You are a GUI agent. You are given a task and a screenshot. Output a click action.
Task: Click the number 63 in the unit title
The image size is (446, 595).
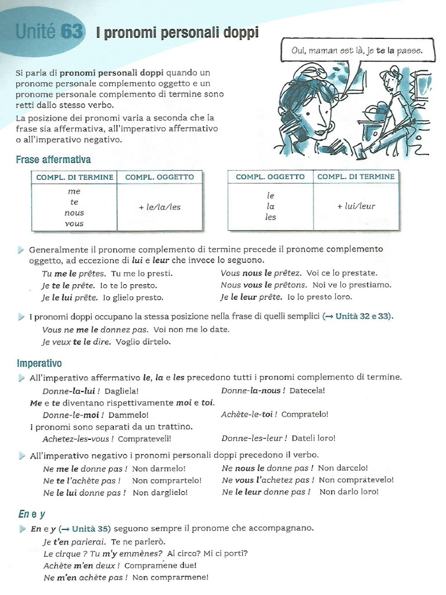point(72,31)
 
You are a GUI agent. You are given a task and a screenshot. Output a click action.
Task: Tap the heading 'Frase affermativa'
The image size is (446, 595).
point(53,159)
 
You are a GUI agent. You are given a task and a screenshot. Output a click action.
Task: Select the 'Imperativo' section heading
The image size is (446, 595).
point(39,363)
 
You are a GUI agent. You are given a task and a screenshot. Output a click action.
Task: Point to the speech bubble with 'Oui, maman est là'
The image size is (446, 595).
point(357,51)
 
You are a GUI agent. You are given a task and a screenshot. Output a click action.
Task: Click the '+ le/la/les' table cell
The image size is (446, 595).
point(160,207)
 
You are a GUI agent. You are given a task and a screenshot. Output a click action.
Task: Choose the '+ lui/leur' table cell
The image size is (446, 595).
point(356,206)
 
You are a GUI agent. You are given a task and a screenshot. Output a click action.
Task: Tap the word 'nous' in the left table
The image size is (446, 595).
point(74,213)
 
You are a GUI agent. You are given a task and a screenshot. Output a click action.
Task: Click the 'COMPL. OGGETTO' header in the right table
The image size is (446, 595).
point(270,177)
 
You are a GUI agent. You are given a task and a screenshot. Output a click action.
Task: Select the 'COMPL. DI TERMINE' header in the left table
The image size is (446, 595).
point(74,177)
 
